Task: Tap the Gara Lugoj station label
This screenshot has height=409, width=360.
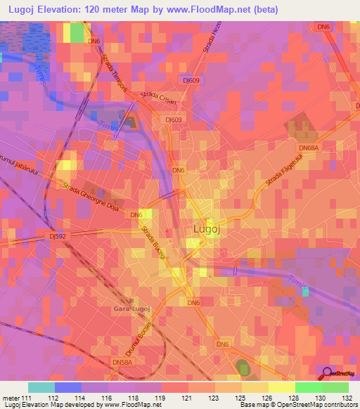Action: coord(132,309)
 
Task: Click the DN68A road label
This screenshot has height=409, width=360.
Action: coord(309,148)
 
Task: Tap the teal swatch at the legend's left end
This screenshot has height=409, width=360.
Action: coord(41,387)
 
